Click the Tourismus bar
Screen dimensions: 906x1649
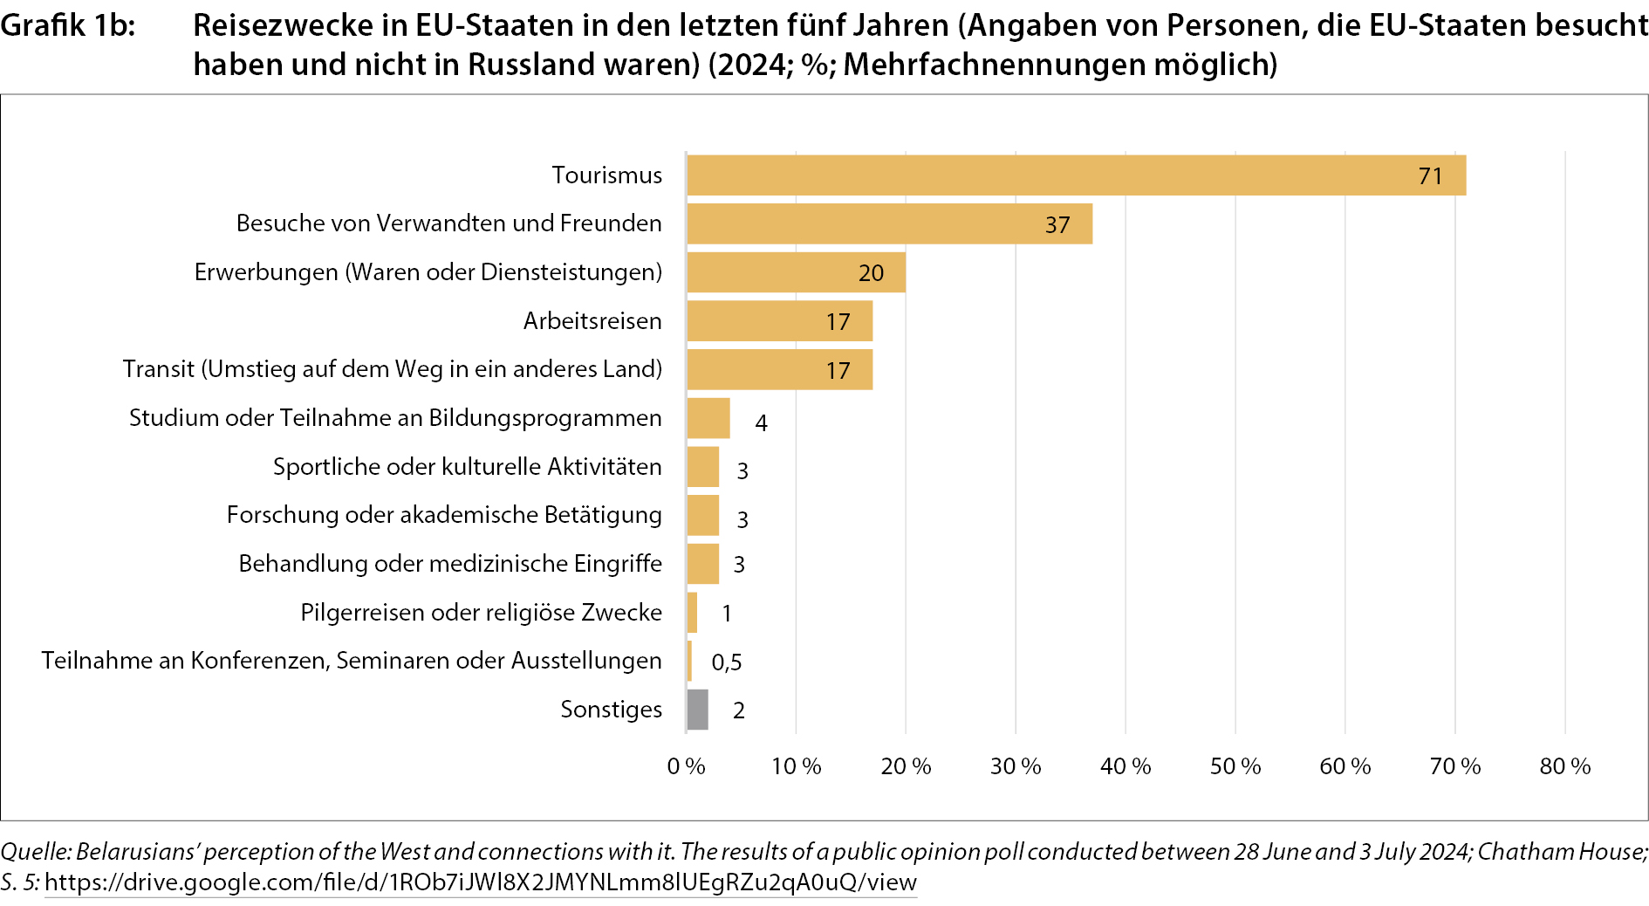(1075, 175)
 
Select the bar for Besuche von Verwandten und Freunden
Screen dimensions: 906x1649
(888, 224)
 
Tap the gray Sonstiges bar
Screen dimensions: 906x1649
(697, 710)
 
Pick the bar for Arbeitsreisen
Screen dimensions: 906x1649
(778, 321)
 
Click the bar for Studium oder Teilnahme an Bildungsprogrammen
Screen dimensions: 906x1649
(708, 418)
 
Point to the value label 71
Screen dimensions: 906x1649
(1430, 176)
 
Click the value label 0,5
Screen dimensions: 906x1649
(726, 662)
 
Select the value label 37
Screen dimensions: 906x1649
(1057, 225)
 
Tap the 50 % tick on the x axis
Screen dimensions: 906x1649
(1235, 766)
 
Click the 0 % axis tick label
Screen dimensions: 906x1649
(686, 766)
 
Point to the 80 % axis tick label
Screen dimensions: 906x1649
(1564, 766)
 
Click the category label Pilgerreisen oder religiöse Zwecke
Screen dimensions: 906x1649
(481, 613)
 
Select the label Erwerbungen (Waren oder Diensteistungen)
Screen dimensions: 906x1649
(428, 272)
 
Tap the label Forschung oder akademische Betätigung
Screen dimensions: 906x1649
(444, 515)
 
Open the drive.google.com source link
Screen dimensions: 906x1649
(480, 882)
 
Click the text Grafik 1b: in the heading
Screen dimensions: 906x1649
(67, 25)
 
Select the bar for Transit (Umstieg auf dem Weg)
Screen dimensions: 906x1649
(778, 370)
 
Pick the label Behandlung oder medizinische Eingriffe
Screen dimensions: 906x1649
(450, 564)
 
